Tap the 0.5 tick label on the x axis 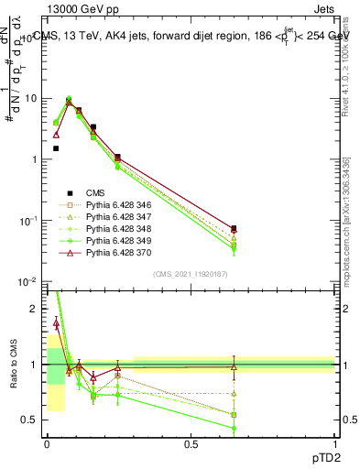(x=191, y=444)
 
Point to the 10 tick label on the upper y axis (x=30, y=98)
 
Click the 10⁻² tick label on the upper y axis (x=28, y=281)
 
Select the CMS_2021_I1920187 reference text (x=190, y=273)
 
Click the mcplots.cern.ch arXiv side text (x=350, y=234)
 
